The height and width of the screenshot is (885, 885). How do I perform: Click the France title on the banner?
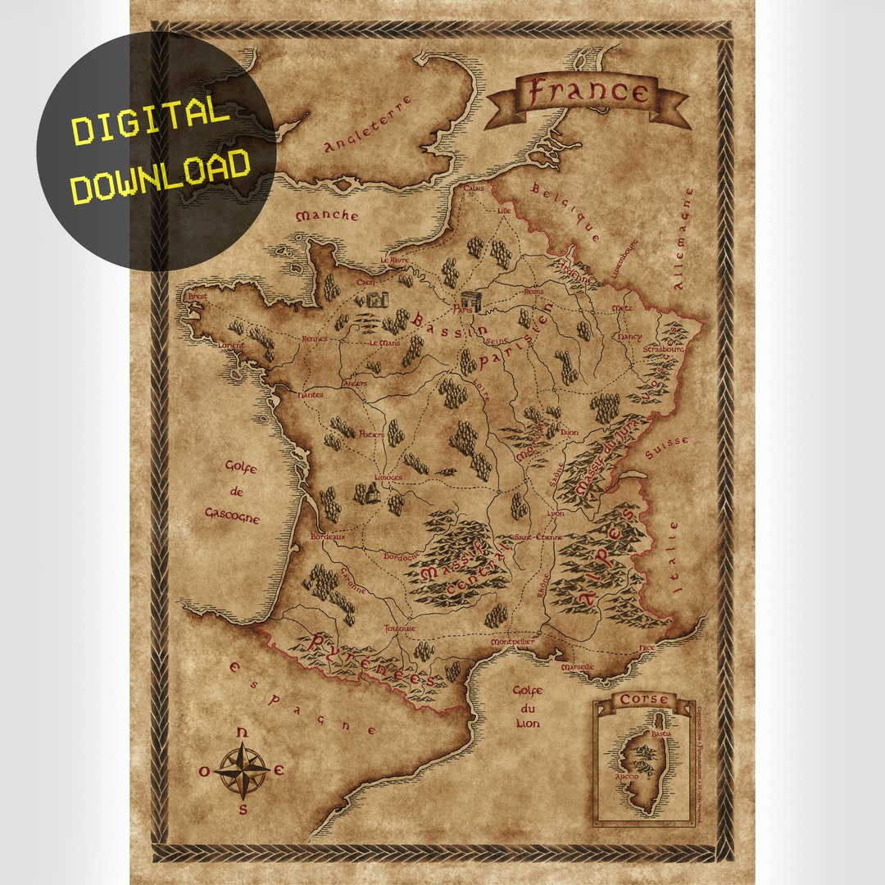click(x=587, y=92)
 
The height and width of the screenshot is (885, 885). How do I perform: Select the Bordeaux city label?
click(x=328, y=537)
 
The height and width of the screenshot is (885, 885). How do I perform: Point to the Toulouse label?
click(x=400, y=629)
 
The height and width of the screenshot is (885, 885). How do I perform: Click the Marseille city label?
click(x=577, y=668)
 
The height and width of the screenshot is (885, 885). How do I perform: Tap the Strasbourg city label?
click(x=663, y=349)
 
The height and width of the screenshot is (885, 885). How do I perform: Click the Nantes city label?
click(x=311, y=395)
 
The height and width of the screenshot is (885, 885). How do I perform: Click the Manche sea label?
click(x=327, y=216)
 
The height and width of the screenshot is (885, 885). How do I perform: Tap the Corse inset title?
click(x=643, y=700)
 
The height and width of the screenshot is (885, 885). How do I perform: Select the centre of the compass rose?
click(x=243, y=770)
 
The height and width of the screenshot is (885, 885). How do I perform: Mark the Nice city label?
click(x=647, y=647)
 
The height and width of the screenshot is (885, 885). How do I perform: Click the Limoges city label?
click(x=388, y=477)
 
